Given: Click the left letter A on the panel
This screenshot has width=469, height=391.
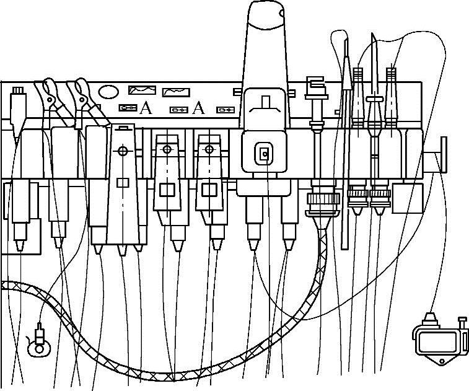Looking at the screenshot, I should tap(145, 108).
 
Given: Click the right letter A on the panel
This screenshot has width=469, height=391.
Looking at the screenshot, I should tap(198, 109).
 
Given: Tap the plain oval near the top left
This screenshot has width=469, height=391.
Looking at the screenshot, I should tap(108, 92).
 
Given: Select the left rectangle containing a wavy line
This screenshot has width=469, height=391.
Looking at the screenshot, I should tap(141, 90).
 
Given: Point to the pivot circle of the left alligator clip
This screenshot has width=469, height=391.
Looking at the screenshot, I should tap(50, 98).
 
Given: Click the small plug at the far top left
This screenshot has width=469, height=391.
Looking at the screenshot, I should tap(19, 99).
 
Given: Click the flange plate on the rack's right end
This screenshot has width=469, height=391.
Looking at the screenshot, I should tap(444, 155).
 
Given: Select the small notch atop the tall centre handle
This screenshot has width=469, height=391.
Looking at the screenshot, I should tap(282, 12).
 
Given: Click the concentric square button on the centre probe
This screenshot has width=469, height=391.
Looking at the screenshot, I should tap(265, 153).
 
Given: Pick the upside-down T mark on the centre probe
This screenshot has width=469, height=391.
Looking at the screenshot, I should tap(265, 103).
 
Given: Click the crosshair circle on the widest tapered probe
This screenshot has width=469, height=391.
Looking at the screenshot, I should tap(123, 151).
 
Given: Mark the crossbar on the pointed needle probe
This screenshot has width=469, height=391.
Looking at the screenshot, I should tap(374, 99).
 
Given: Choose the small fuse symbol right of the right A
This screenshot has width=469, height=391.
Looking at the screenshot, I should tap(225, 110).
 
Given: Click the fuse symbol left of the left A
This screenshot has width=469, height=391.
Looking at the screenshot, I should tap(128, 108).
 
